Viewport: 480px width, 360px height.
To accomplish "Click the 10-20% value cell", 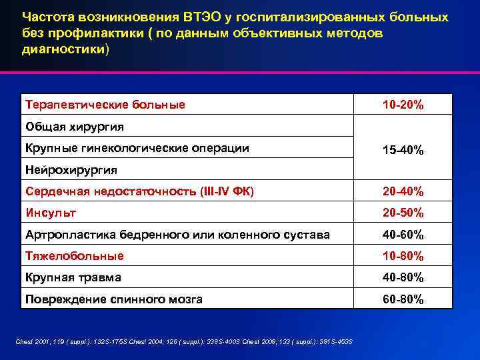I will click(x=403, y=105).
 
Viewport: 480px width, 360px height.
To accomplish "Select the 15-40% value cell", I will click(x=403, y=149).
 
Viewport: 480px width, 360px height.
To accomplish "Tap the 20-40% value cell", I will click(x=403, y=192).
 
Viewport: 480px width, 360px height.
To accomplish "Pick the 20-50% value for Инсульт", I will click(x=403, y=213).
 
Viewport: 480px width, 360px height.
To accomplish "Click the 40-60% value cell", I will click(x=403, y=235).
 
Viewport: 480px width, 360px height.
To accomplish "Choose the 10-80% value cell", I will click(x=403, y=256).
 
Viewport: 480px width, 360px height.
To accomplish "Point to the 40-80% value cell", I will click(x=403, y=277).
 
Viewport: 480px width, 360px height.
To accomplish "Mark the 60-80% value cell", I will click(x=403, y=299).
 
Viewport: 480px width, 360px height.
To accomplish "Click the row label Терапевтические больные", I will click(x=105, y=105).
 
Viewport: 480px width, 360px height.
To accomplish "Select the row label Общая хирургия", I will click(x=75, y=127).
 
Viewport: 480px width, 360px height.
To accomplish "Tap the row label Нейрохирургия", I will click(x=71, y=169).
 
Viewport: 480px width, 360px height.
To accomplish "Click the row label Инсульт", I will click(x=50, y=213).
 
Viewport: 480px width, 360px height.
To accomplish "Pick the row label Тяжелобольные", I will click(x=74, y=256).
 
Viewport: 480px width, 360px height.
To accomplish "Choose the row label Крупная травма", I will click(x=73, y=277).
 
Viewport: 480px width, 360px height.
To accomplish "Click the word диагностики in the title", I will click(x=63, y=49).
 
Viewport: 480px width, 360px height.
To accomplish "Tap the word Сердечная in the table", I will click(x=56, y=192).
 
